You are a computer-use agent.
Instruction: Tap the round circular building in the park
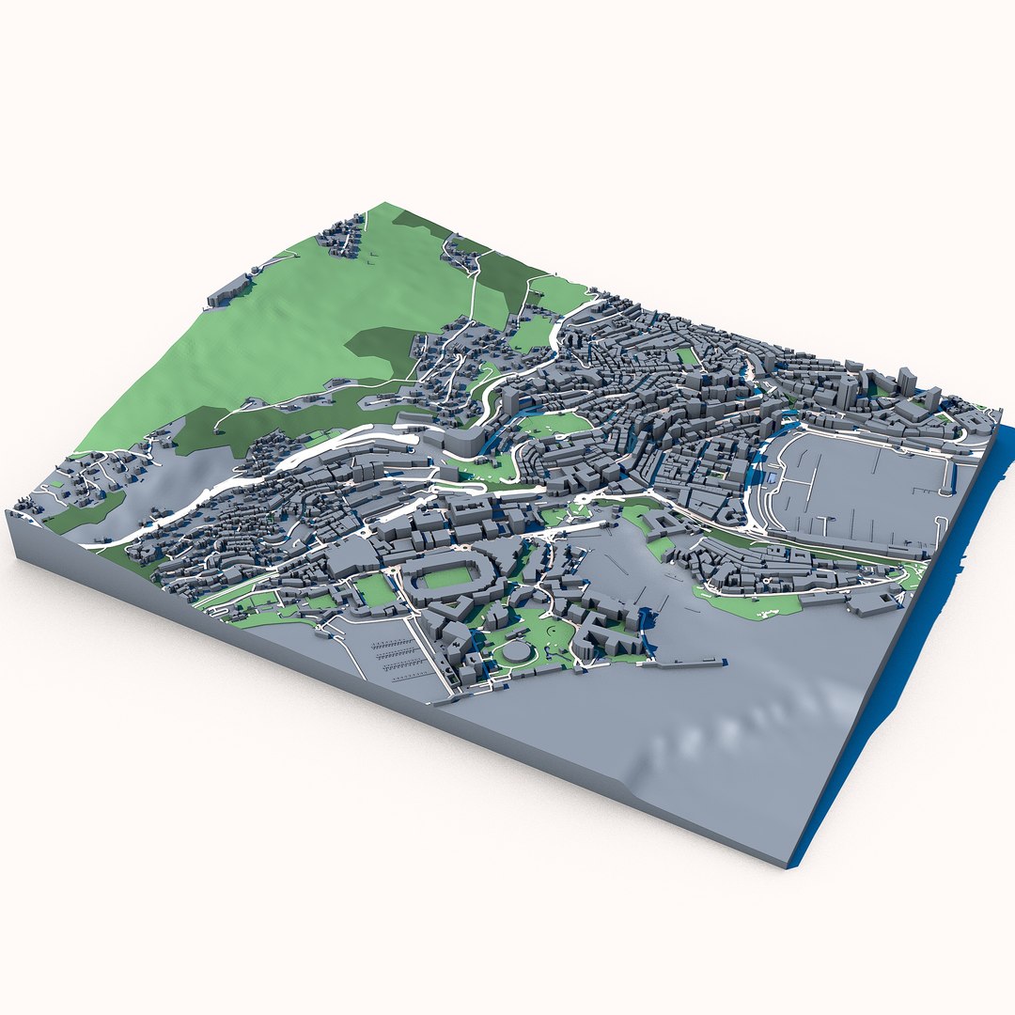516,650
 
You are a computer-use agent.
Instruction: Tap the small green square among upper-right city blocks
688,356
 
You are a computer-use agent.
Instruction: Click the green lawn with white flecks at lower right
752,601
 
